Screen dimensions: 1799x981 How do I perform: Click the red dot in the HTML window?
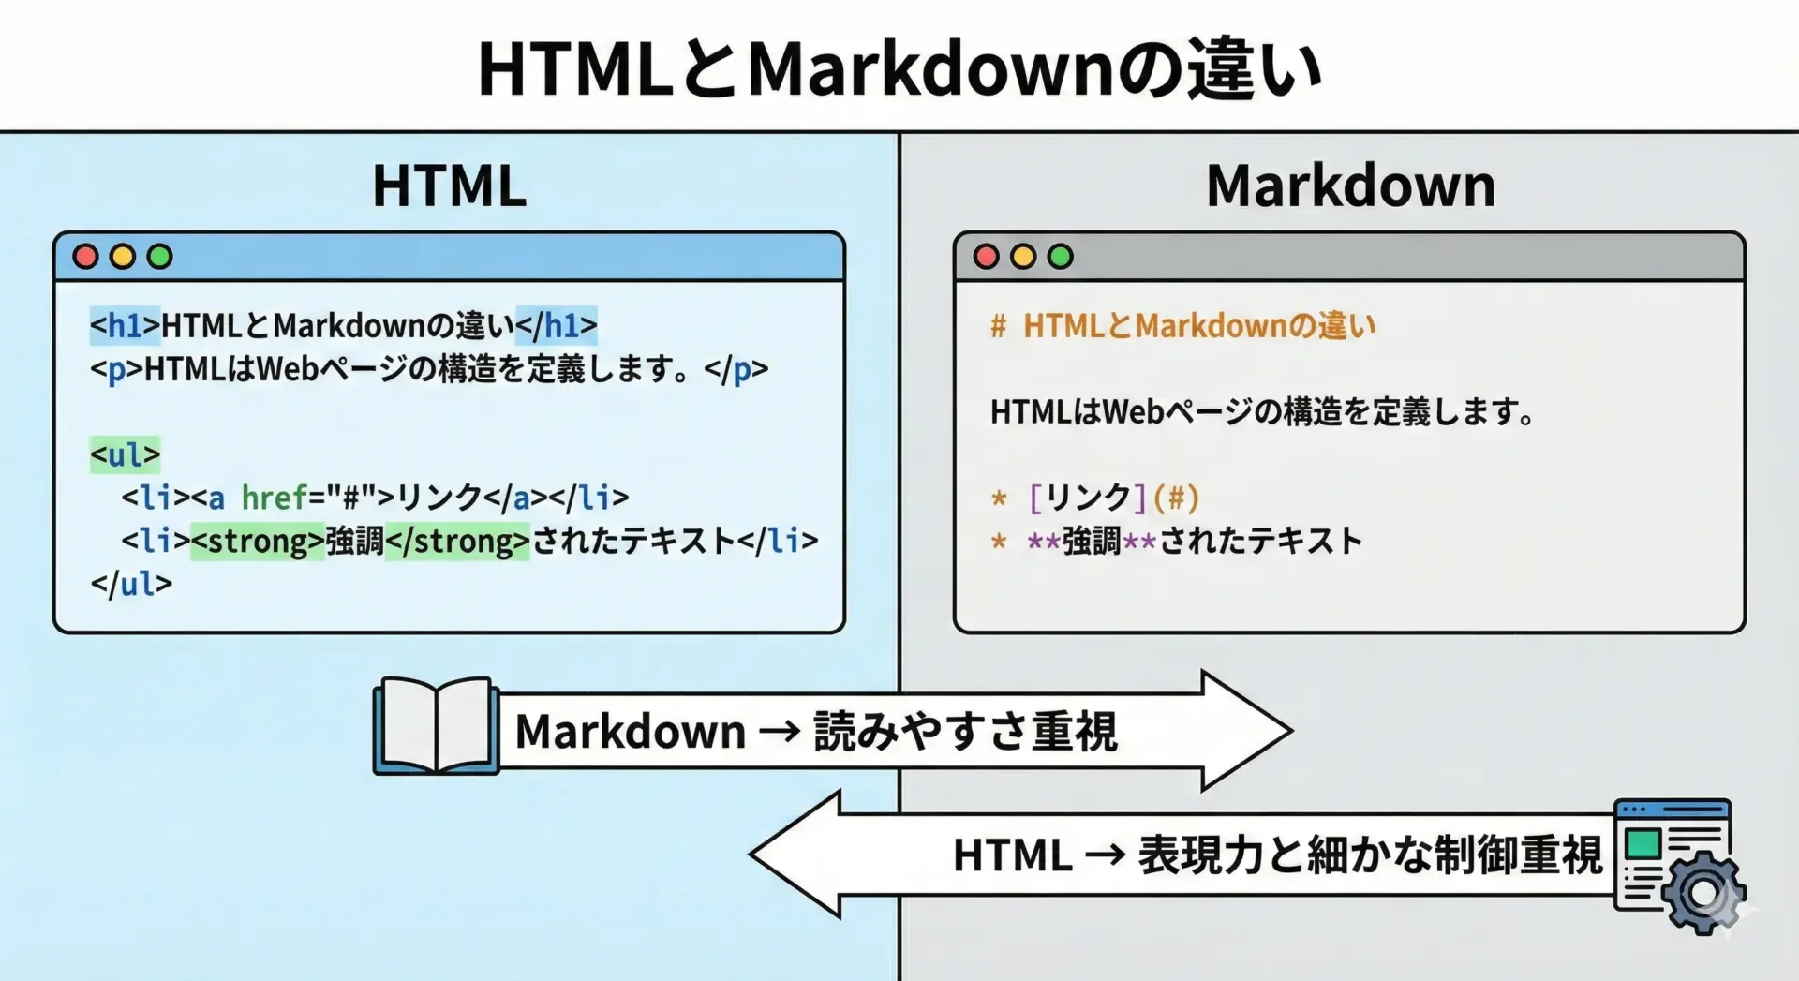point(85,257)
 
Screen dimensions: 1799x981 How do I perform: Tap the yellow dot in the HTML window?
point(123,257)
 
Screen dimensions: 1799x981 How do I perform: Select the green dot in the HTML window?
point(160,257)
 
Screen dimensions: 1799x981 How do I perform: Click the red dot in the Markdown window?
point(986,257)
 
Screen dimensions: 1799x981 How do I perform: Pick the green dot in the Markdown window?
point(1061,257)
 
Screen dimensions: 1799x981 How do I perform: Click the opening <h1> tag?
point(125,325)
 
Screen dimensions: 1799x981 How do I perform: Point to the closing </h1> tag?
point(557,325)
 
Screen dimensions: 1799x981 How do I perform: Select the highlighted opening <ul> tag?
point(125,454)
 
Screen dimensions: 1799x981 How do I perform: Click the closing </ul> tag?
point(131,584)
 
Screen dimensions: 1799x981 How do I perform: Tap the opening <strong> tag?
point(258,541)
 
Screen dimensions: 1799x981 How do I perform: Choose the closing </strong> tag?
point(457,541)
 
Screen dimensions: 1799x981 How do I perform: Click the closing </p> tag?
point(736,369)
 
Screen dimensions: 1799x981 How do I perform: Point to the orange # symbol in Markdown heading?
point(999,326)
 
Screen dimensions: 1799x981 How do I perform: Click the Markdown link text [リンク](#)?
point(1113,497)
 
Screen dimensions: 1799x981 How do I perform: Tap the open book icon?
point(436,725)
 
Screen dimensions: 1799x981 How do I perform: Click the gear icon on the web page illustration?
point(1703,893)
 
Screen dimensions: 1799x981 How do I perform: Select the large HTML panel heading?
point(449,186)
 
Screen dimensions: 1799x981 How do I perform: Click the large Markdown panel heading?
point(1350,186)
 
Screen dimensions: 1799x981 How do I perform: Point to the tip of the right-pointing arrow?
point(1292,730)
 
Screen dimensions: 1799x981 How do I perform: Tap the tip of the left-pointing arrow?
point(751,854)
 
